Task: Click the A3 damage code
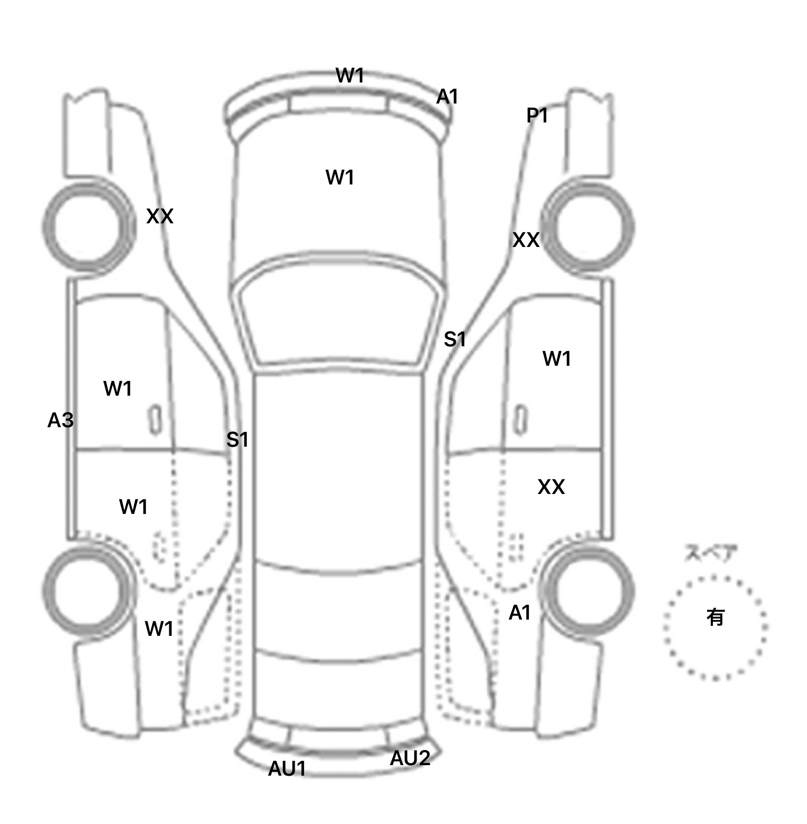click(60, 420)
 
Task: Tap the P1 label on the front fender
click(537, 116)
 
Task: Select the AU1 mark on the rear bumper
click(287, 769)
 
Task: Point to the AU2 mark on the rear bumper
click(410, 758)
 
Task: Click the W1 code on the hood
click(340, 178)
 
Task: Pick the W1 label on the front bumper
click(350, 76)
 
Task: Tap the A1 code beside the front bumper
click(447, 97)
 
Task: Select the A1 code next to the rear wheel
click(520, 613)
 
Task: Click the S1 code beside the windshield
click(455, 339)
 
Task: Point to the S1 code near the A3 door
click(237, 439)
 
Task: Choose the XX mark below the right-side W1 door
click(551, 487)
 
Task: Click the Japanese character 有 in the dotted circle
click(715, 617)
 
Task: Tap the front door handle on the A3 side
click(154, 420)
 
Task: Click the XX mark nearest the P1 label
click(526, 240)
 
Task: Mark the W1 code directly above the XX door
click(556, 359)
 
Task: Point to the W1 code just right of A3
click(117, 389)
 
